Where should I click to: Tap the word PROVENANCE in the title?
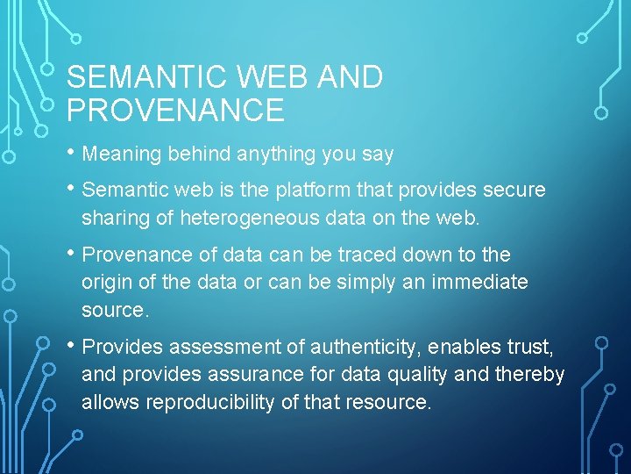point(175,111)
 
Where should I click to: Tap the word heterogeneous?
point(268,218)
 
